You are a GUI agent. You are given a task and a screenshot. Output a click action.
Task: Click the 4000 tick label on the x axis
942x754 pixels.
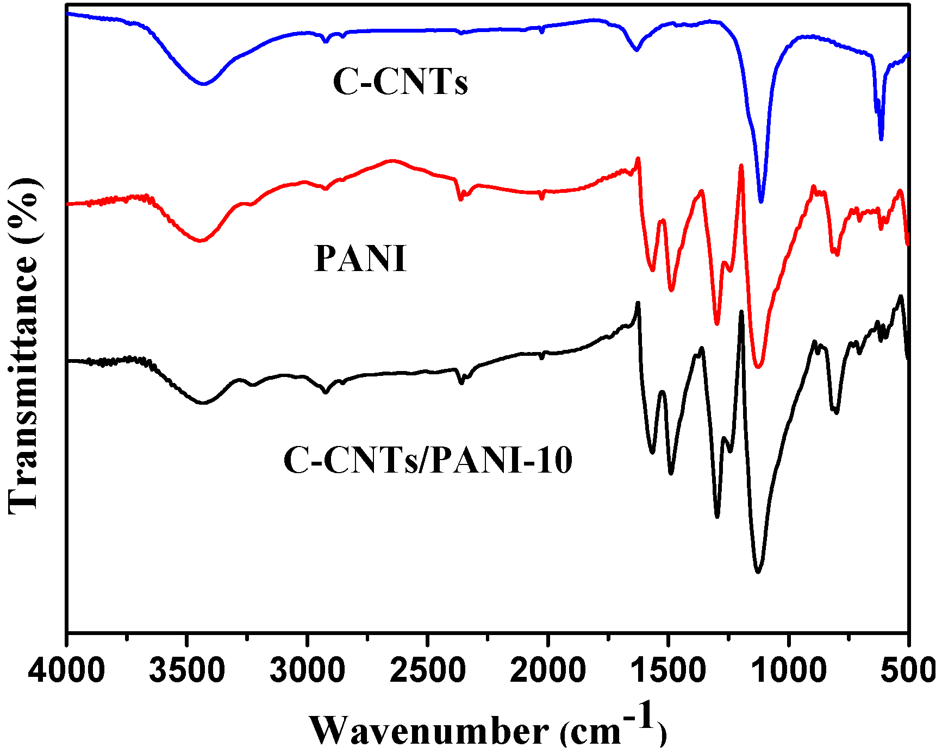pos(66,671)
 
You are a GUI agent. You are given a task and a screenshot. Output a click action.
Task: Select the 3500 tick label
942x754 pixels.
pos(186,671)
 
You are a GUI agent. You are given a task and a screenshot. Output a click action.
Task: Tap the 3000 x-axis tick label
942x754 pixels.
pos(307,671)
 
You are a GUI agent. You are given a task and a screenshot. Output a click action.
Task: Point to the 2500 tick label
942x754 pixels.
pos(428,671)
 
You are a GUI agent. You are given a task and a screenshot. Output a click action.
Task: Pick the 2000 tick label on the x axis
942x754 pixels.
pos(548,671)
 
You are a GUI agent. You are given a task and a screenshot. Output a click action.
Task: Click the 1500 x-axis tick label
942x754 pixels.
pos(668,671)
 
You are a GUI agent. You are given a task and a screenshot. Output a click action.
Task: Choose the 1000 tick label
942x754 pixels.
pos(788,671)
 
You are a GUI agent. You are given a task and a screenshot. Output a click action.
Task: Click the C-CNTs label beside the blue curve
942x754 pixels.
pos(400,83)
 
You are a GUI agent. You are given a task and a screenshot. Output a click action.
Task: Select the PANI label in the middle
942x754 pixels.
pos(360,259)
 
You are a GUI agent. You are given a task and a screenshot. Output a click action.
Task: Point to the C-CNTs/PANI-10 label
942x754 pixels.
pos(428,461)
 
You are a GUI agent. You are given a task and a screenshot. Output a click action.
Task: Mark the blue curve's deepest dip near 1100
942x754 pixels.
pos(761,202)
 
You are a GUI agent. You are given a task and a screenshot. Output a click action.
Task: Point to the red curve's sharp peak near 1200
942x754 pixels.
pos(741,165)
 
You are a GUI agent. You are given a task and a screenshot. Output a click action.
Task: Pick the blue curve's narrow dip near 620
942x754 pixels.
pos(881,139)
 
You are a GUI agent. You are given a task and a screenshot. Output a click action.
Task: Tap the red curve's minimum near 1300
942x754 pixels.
pos(717,324)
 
